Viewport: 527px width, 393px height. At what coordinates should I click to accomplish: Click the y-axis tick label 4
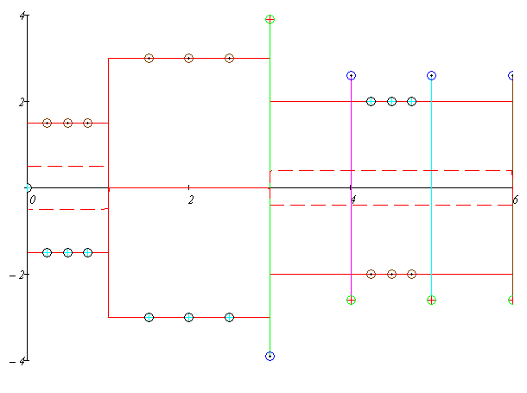22,16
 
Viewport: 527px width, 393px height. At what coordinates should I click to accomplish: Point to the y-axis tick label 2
22,102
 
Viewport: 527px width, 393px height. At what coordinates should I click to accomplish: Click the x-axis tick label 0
32,200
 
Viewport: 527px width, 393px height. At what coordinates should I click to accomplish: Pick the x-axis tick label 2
191,200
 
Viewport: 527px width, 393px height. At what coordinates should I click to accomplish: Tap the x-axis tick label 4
352,200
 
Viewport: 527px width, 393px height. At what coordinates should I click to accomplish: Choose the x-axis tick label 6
515,200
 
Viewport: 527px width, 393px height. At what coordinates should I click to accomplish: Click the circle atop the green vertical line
270,19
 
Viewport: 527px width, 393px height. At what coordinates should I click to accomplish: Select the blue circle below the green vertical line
270,356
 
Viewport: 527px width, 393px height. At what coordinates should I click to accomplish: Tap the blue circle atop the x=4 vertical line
351,76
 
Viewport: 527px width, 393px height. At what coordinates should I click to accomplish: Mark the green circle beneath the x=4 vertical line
351,300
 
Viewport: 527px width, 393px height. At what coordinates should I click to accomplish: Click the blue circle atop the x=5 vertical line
431,76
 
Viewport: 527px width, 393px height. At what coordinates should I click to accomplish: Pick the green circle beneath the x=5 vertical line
431,300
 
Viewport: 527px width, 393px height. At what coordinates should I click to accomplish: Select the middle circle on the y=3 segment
188,59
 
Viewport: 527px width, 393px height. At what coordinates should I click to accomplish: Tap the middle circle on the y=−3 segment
188,317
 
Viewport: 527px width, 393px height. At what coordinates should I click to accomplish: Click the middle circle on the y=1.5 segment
67,123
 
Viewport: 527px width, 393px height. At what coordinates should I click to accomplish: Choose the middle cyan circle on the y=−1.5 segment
67,252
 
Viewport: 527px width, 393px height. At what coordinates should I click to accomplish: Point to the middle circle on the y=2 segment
391,101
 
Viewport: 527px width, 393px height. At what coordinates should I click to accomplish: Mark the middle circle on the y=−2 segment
391,274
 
